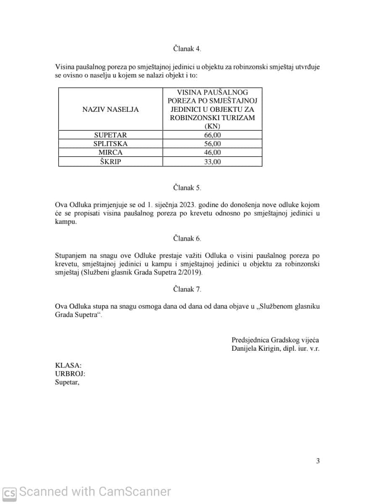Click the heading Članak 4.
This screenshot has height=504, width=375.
pos(187,49)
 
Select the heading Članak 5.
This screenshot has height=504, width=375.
pos(187,188)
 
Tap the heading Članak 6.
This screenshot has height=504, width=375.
pos(187,239)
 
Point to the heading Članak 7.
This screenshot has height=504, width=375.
pos(187,289)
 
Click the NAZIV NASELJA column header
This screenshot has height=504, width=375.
pos(110,109)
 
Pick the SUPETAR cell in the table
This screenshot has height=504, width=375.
pos(110,135)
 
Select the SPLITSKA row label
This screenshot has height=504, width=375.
pos(110,144)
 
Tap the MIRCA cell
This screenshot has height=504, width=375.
pos(110,152)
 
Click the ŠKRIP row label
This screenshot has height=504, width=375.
pos(110,162)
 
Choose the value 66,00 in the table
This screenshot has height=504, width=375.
pos(212,135)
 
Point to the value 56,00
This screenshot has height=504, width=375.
pos(212,144)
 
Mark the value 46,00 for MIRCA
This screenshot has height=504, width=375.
pos(212,152)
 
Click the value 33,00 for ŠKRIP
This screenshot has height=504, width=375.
pos(212,162)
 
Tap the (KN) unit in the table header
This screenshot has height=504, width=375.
pos(212,126)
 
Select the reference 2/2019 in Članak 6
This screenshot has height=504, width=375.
pos(191,273)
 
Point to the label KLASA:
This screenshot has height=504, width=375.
pos(68,366)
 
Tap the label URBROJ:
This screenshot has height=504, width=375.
pos(70,374)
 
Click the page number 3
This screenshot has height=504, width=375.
pos(318,461)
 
